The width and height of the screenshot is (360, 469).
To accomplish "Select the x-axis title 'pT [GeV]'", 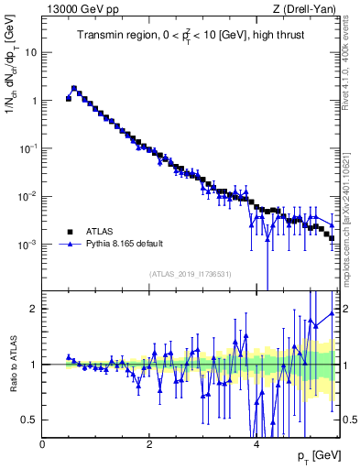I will coord(316,456).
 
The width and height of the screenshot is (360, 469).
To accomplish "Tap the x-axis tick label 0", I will coord(43,444).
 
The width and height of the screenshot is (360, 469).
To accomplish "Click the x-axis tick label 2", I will coord(149,444).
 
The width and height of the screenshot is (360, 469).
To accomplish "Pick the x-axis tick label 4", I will coord(256,444).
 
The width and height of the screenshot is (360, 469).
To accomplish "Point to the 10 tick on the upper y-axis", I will coord(30,52).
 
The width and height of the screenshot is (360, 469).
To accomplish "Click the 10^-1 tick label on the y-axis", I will coord(27,148).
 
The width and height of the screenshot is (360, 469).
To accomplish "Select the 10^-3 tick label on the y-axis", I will coord(27,245).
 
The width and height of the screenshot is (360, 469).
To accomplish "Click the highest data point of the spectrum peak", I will coord(73,89).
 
